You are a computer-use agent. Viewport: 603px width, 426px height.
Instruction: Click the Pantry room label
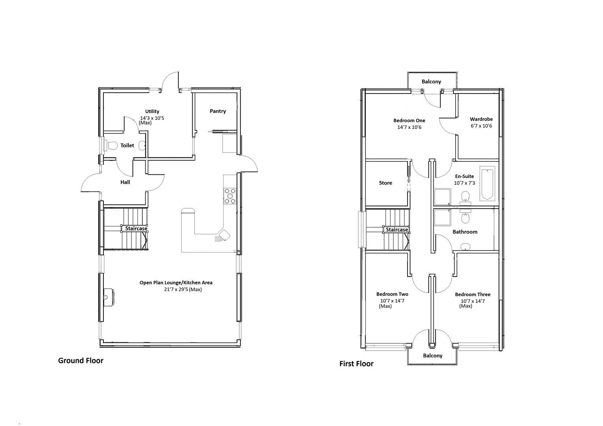pos(218,111)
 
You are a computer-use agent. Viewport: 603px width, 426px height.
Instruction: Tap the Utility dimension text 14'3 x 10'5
pos(152,118)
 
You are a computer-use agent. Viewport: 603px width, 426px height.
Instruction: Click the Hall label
pos(125,182)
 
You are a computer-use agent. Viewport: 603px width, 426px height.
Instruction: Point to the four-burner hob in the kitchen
pos(230,196)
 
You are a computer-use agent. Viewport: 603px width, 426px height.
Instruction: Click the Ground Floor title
pos(81,361)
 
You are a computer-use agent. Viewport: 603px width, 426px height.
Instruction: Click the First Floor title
pos(356,364)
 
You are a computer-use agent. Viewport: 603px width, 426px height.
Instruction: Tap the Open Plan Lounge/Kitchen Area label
pos(176,282)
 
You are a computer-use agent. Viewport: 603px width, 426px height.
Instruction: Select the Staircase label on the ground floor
pos(136,228)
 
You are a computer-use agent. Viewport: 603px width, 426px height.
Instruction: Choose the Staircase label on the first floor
pos(397,230)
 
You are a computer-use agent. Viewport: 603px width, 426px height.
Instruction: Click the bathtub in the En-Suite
pos(487,183)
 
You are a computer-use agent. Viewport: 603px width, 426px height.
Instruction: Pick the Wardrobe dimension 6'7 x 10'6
pos(481,126)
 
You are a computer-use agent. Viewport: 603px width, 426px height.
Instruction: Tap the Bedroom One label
pos(409,121)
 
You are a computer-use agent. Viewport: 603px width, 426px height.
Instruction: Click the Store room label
pos(385,183)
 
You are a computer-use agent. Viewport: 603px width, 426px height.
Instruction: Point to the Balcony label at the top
pos(431,82)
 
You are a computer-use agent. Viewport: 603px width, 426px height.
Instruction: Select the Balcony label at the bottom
pos(432,356)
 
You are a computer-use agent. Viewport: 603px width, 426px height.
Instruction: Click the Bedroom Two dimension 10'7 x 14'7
pos(392,301)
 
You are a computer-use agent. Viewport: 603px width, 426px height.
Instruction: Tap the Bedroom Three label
pos(472,295)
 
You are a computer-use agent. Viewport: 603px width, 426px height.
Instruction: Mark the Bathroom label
pos(465,232)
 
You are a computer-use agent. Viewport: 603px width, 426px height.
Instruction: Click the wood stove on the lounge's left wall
pos(109,296)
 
